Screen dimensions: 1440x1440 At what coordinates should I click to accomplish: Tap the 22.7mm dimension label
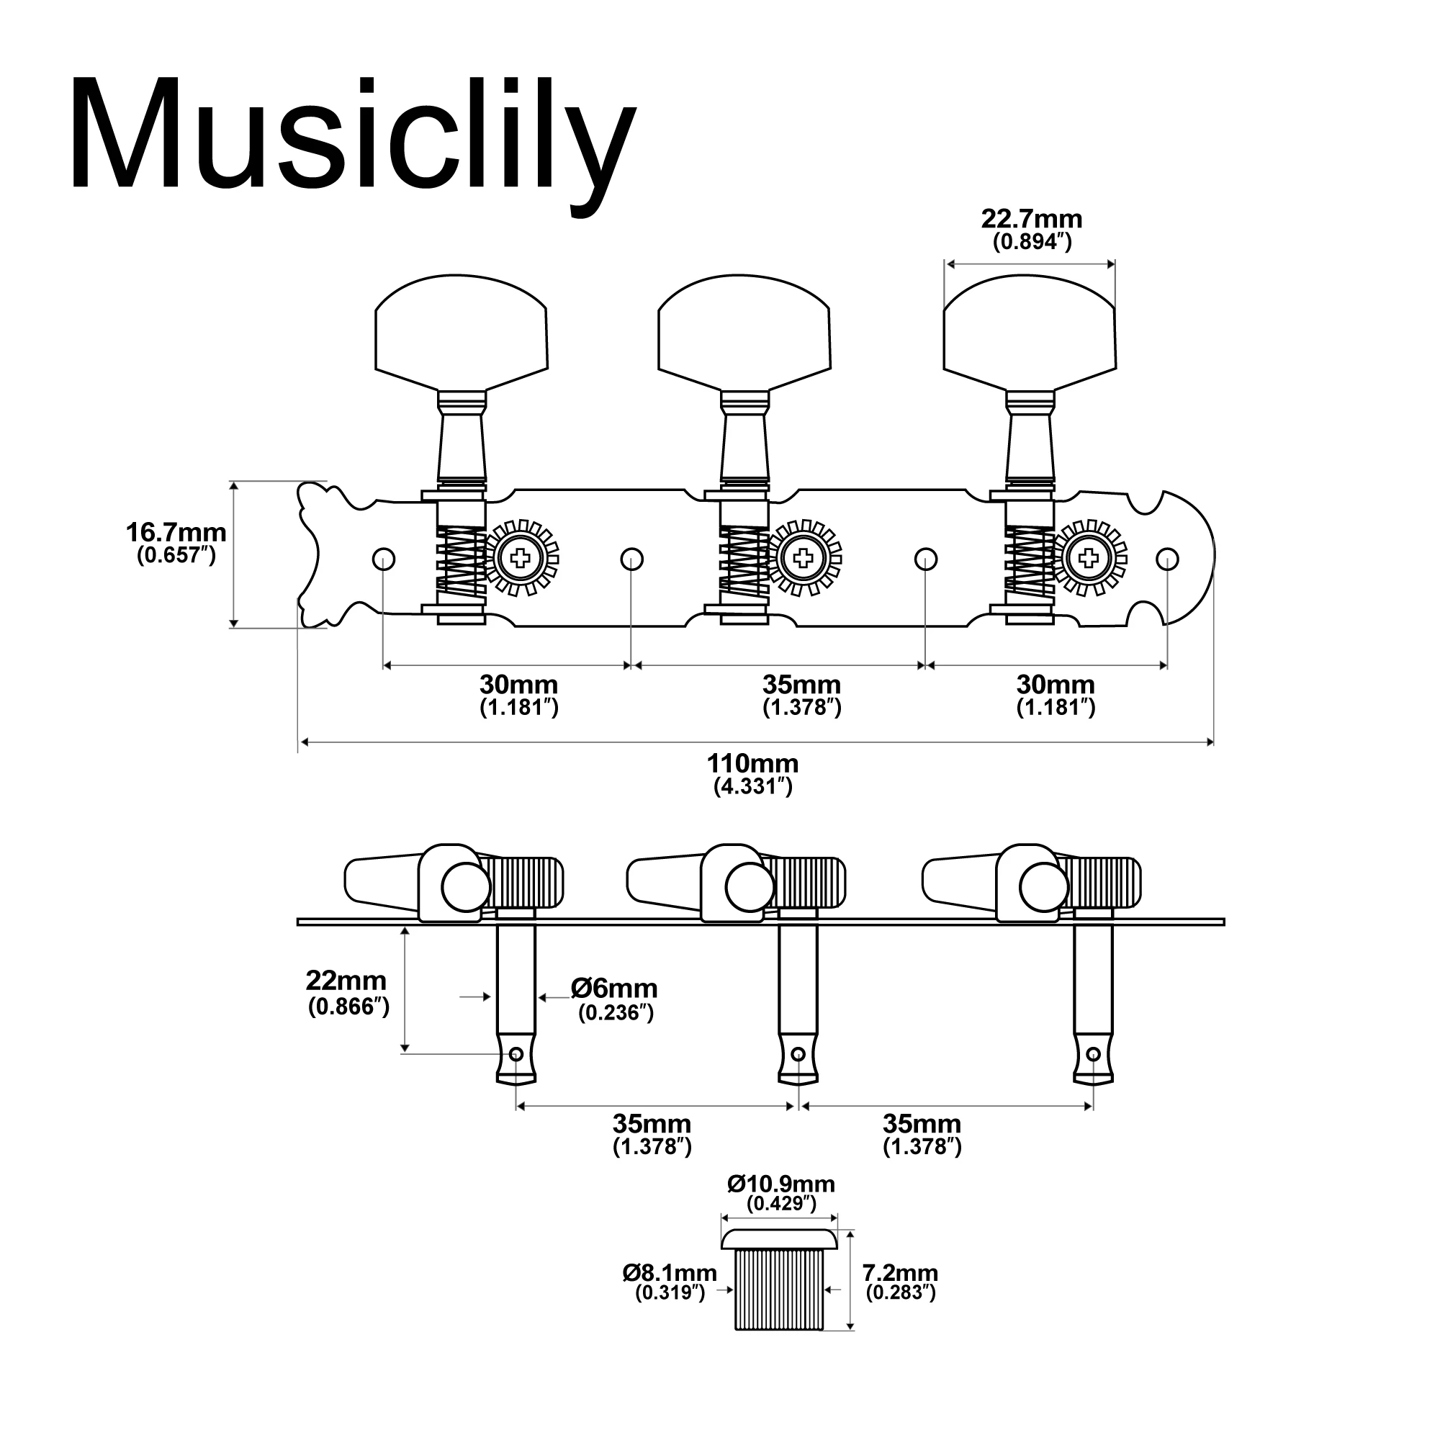tap(1031, 220)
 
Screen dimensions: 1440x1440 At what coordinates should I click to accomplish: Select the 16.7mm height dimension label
tap(176, 534)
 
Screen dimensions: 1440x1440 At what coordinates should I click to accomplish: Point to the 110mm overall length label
tap(752, 764)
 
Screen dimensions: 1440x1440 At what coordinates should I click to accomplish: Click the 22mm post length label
tap(346, 980)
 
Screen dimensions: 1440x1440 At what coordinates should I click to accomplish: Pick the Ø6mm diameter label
tap(615, 989)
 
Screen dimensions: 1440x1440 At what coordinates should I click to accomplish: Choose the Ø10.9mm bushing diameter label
tap(781, 1184)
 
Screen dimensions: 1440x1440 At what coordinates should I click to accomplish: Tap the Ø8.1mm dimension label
tap(670, 1273)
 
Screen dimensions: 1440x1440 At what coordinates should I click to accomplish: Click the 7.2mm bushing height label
tap(899, 1272)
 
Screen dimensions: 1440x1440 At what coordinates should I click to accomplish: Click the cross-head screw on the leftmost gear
tap(521, 557)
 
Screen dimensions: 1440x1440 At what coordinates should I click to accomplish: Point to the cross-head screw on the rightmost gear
tap(1088, 557)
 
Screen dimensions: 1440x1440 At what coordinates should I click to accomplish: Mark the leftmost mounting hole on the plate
tap(383, 558)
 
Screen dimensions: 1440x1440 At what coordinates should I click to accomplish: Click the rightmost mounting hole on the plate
tap(1166, 558)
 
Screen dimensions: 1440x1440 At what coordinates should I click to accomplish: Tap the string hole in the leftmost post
tap(516, 1054)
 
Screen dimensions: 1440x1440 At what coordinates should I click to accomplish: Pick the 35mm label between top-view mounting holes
tap(801, 684)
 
